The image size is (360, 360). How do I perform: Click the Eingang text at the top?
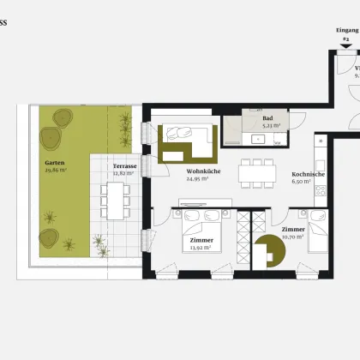[347, 29]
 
